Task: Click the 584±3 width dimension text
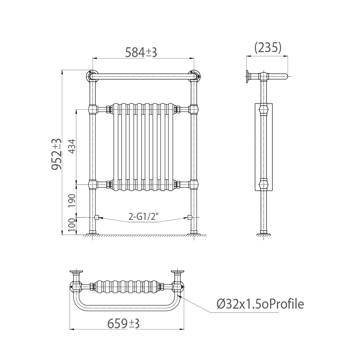pyautogui.click(x=141, y=52)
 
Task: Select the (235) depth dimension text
pyautogui.click(x=267, y=47)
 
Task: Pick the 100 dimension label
pyautogui.click(x=72, y=227)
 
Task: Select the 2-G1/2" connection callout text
pyautogui.click(x=144, y=218)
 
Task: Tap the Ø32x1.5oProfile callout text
pyautogui.click(x=260, y=304)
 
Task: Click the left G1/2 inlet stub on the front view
pyautogui.click(x=96, y=218)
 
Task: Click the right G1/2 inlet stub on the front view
pyautogui.click(x=189, y=218)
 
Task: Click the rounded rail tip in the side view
pyautogui.click(x=285, y=77)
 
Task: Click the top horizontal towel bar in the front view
pyautogui.click(x=142, y=78)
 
